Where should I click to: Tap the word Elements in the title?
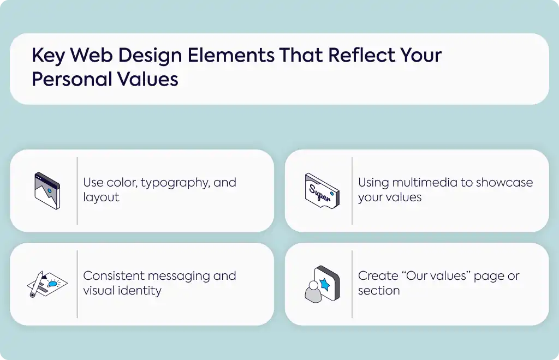[x=231, y=55]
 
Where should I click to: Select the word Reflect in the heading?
[x=361, y=55]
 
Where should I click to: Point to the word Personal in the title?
[x=72, y=79]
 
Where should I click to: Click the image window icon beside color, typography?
[x=47, y=191]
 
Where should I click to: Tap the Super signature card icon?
[x=322, y=191]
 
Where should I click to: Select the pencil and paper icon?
[x=47, y=284]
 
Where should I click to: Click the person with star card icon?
[x=322, y=284]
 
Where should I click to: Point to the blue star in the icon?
[x=325, y=284]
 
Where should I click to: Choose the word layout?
[x=101, y=197]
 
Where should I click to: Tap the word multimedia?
[x=425, y=182]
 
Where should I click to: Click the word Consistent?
[x=114, y=276]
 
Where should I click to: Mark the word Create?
[x=378, y=276]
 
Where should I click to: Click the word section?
[x=379, y=291]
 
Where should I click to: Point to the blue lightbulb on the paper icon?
[x=52, y=284]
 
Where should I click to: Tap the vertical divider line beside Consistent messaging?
[x=77, y=284]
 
